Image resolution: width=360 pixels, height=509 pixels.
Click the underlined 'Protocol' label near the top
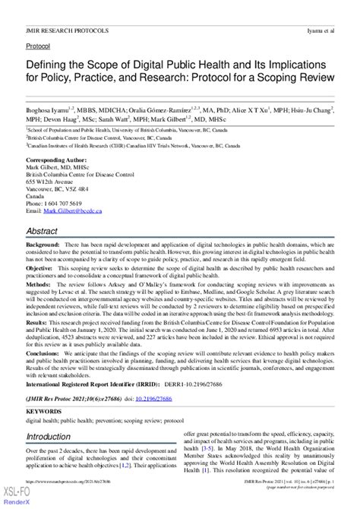pyautogui.click(x=37, y=46)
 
